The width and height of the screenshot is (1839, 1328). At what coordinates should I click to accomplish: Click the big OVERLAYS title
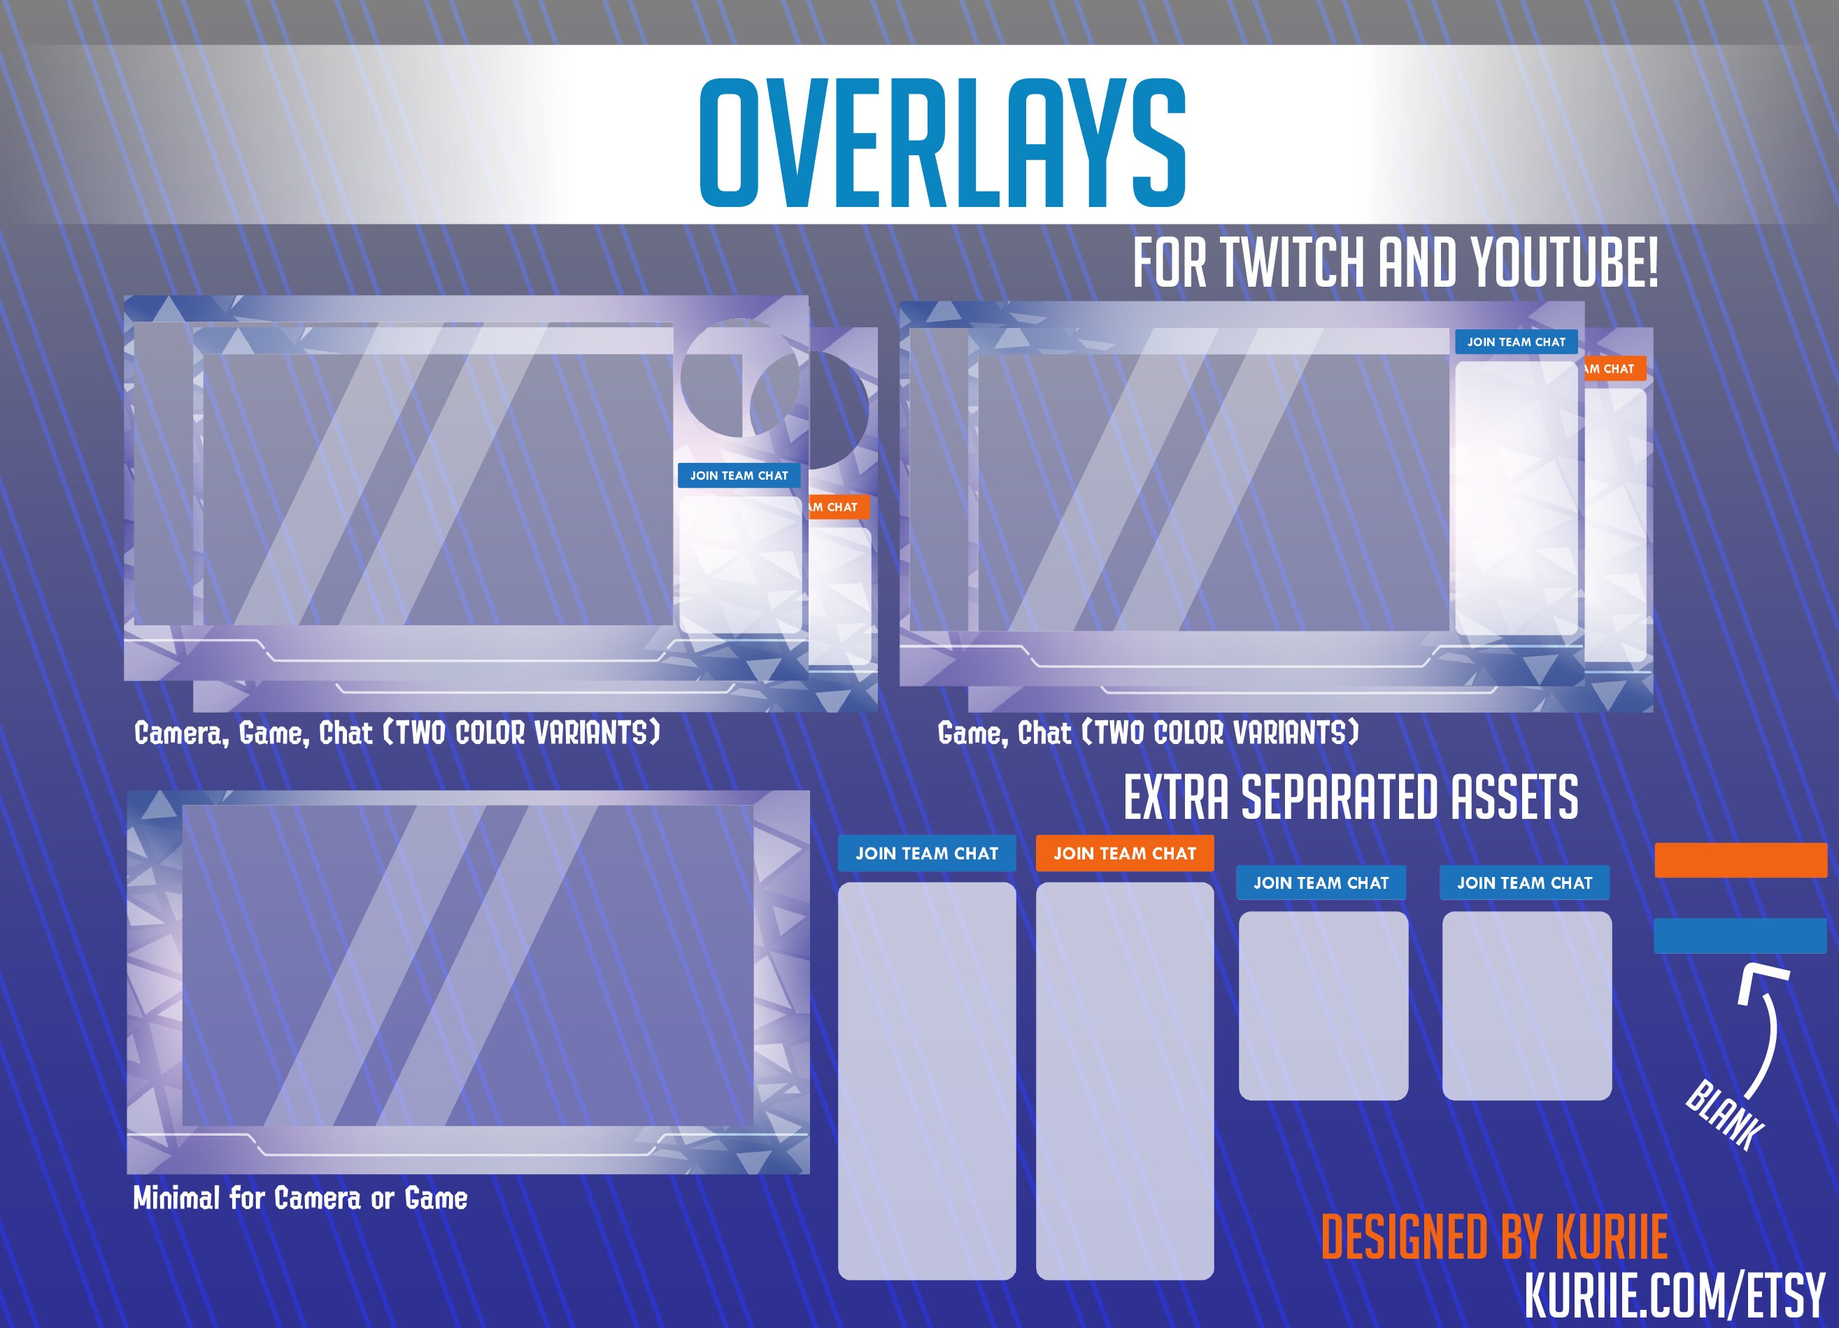point(942,143)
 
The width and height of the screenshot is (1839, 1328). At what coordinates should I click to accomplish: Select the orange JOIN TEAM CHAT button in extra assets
point(1124,853)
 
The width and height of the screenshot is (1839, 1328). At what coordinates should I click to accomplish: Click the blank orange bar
point(1740,859)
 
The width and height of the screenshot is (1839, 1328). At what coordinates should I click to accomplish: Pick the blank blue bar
point(1740,936)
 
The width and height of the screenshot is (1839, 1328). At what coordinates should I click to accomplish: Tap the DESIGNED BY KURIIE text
point(1493,1237)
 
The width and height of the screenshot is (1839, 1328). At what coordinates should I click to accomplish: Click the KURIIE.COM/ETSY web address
point(1674,1296)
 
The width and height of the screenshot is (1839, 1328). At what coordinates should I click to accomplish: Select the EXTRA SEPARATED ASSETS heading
point(1351,797)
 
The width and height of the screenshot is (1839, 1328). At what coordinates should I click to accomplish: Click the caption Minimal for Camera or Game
point(300,1199)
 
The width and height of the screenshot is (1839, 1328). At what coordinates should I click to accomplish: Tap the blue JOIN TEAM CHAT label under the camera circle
point(739,475)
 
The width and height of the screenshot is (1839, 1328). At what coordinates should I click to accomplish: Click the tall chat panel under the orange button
point(1124,1080)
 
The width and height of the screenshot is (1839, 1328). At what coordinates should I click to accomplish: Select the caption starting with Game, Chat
point(1147,733)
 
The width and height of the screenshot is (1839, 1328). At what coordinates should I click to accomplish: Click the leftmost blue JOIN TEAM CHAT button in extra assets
point(926,853)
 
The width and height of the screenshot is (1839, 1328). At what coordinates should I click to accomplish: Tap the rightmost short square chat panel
point(1526,1006)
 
